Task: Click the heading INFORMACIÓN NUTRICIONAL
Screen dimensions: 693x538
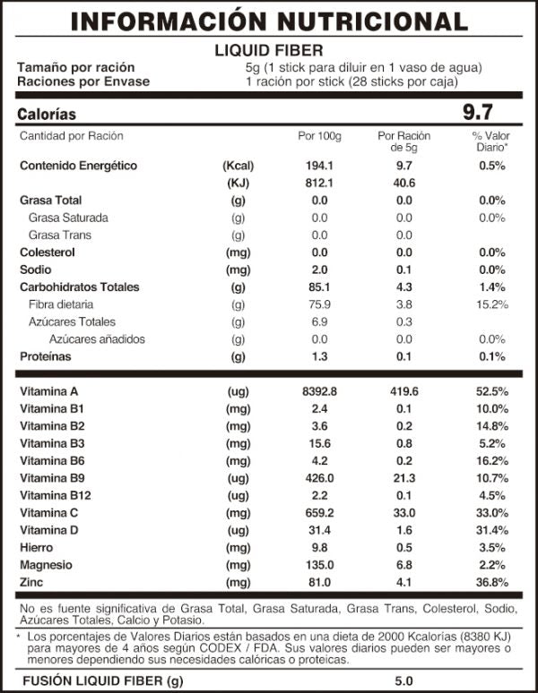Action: (269, 21)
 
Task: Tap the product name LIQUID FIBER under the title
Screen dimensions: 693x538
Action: (269, 50)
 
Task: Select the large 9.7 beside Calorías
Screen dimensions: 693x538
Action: (478, 113)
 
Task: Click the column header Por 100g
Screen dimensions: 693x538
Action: (319, 136)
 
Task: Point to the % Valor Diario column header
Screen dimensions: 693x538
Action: (490, 141)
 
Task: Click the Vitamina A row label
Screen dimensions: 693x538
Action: (48, 391)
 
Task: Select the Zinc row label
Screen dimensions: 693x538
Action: (32, 582)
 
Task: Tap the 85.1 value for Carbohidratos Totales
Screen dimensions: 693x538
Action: (319, 287)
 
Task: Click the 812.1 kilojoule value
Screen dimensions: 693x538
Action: (319, 183)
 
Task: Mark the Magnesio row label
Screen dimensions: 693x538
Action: (47, 565)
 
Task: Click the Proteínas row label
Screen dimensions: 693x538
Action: (46, 356)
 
